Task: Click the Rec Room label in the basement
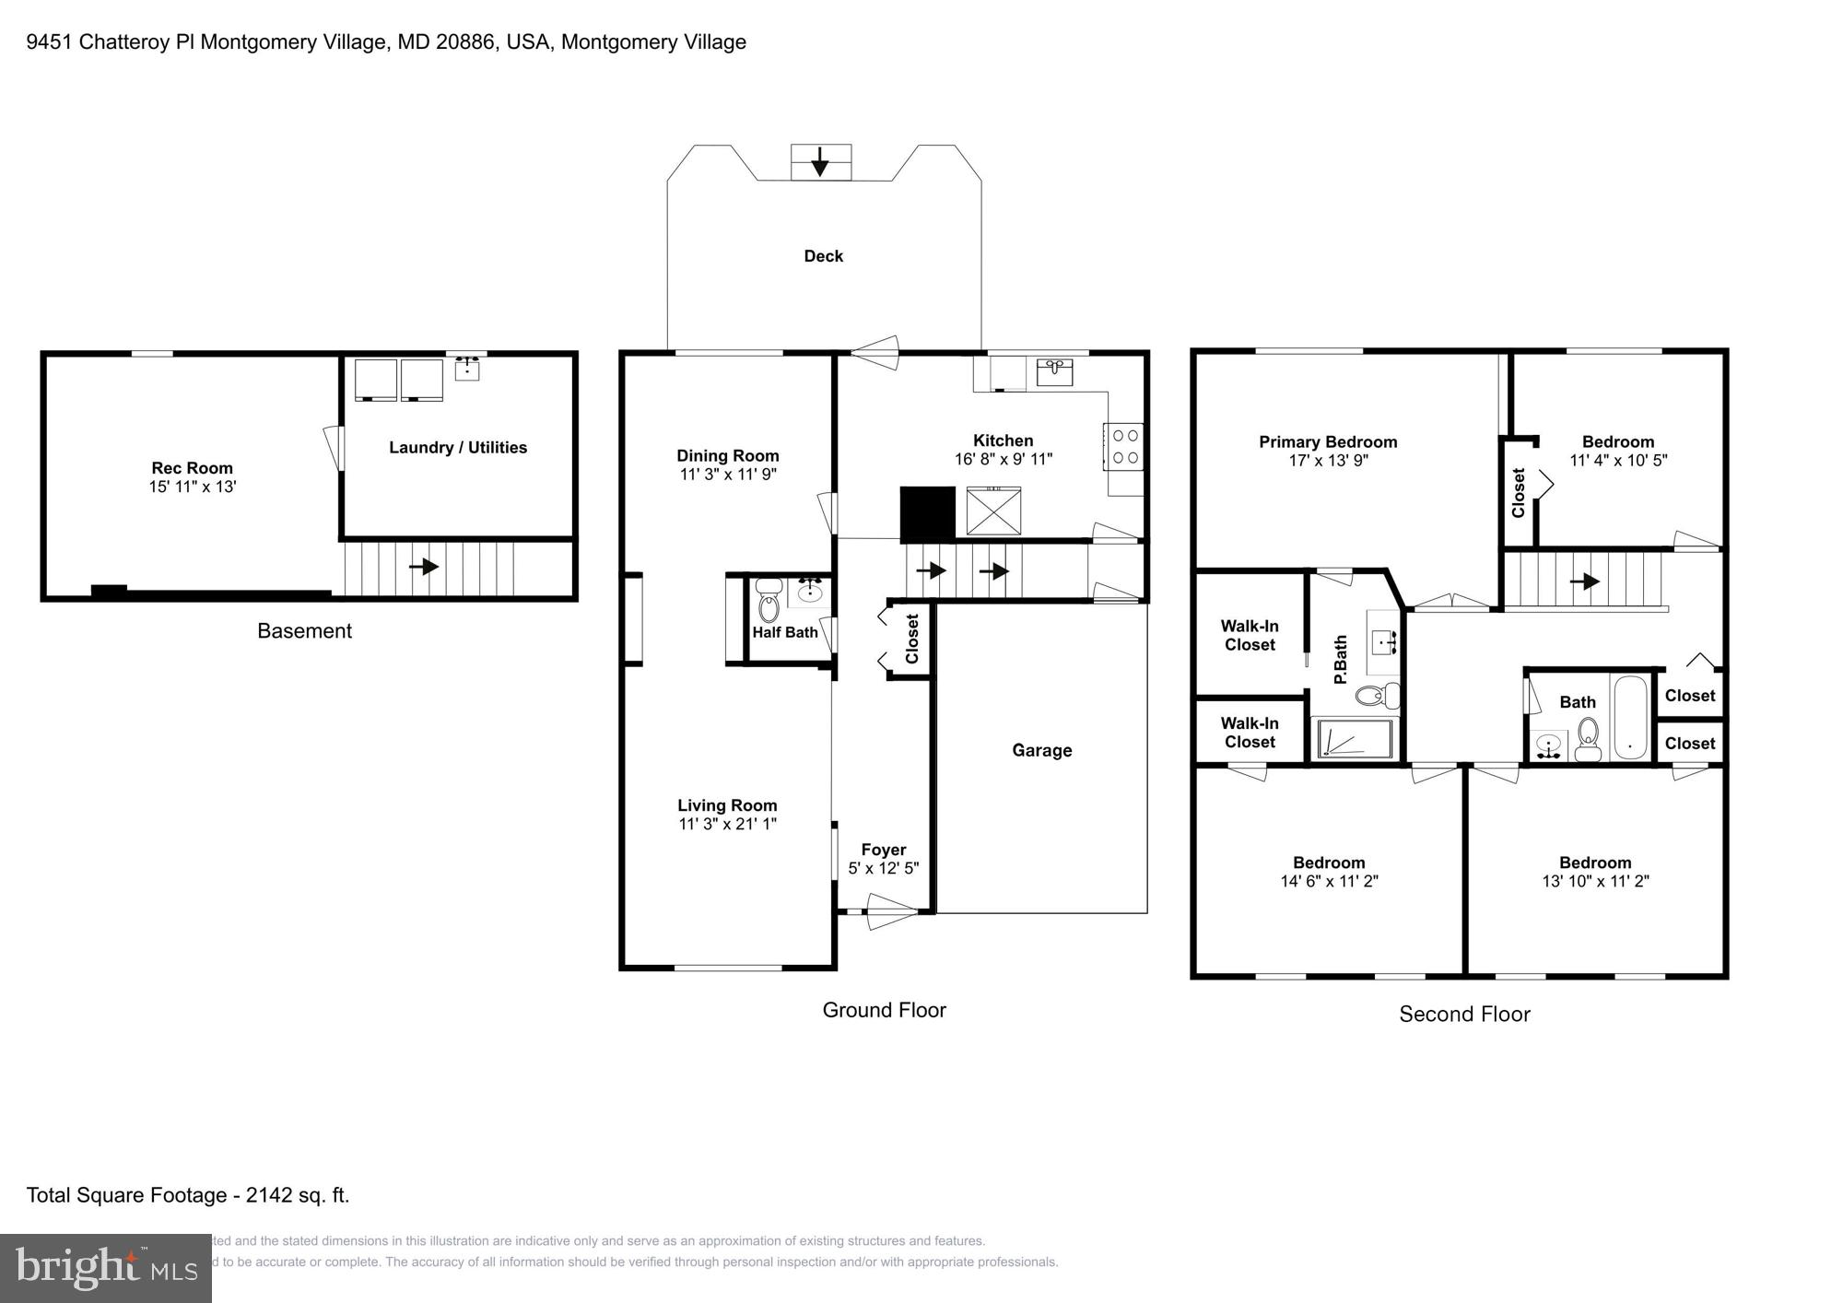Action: tap(192, 468)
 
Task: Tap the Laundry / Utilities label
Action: tap(458, 448)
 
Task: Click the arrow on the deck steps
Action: tap(819, 165)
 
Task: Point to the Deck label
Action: tap(823, 256)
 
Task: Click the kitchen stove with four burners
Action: tap(1125, 447)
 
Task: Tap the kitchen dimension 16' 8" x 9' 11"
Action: tap(1003, 459)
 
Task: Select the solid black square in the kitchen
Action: tap(927, 514)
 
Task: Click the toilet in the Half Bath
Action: tap(768, 603)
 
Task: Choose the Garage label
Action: tap(1041, 750)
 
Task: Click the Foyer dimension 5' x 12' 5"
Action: tap(883, 868)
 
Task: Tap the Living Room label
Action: tap(727, 805)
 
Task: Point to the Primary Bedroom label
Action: tap(1328, 442)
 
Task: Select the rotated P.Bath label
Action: tap(1341, 659)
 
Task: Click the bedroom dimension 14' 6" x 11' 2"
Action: tap(1329, 881)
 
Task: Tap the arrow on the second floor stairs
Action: tap(1585, 581)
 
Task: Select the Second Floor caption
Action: tap(1464, 1015)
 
